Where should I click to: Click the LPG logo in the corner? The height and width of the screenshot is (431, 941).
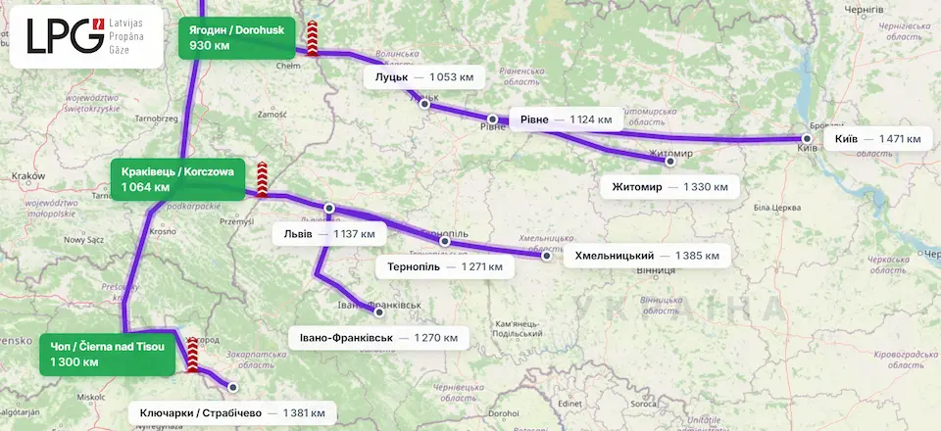coord(86,35)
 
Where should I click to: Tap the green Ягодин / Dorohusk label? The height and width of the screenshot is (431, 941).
coord(236,37)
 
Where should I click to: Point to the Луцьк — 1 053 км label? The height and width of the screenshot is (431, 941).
coord(424,76)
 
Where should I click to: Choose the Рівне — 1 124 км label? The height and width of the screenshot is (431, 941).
coord(566,120)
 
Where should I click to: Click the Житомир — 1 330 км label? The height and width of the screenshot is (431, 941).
coord(669,186)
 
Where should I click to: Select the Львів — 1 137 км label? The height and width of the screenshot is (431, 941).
coord(328,235)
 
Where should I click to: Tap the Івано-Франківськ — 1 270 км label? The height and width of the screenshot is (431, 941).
coord(378,338)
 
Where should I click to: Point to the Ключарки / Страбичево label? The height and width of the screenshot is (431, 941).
coord(232,413)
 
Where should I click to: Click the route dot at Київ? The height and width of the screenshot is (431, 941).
coord(807,139)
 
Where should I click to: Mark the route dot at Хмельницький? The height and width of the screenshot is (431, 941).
coord(547,257)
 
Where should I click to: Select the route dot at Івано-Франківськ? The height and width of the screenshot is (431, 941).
coord(379,313)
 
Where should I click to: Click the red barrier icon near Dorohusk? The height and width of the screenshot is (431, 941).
coord(313,40)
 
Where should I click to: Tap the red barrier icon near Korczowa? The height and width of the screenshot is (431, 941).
coord(262,179)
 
